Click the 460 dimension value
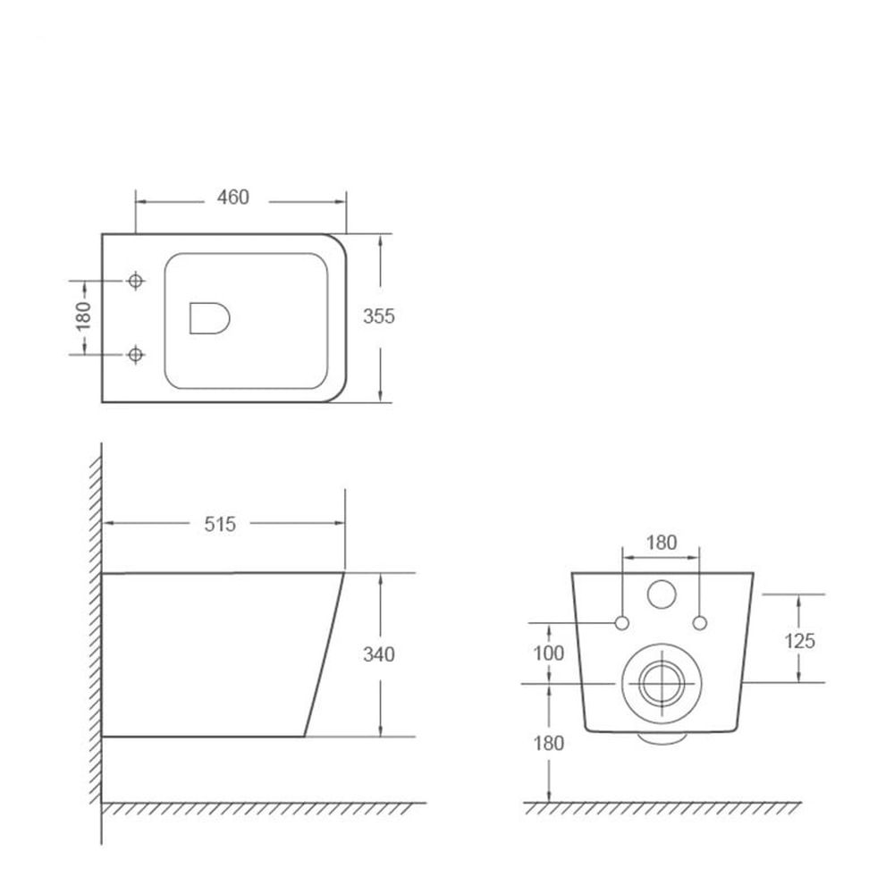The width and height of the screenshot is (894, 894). pyautogui.click(x=233, y=198)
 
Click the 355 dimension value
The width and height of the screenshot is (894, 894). pyautogui.click(x=379, y=316)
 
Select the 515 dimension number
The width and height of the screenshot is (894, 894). pyautogui.click(x=220, y=524)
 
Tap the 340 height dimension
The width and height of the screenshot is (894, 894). pyautogui.click(x=379, y=654)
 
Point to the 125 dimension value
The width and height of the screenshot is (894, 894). pyautogui.click(x=800, y=641)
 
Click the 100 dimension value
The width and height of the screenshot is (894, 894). pyautogui.click(x=549, y=654)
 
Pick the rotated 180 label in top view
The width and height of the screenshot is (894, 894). pyautogui.click(x=83, y=316)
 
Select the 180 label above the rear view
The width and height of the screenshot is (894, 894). pyautogui.click(x=662, y=543)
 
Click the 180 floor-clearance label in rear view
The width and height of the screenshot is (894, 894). pyautogui.click(x=549, y=744)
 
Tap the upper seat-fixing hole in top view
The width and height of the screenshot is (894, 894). pyautogui.click(x=136, y=281)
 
